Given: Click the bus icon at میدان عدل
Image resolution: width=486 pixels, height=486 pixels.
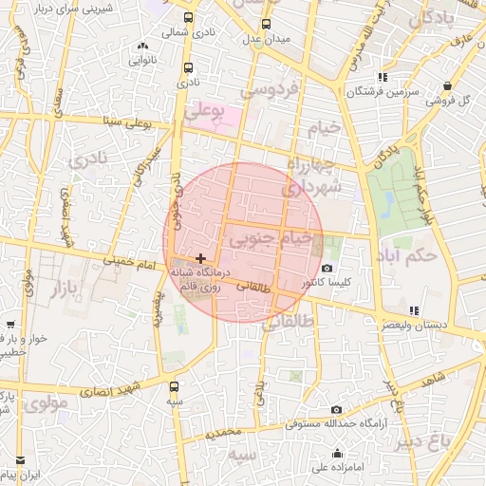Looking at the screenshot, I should coord(267,24).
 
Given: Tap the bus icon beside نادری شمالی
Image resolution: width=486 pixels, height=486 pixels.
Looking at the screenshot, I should coord(188,17).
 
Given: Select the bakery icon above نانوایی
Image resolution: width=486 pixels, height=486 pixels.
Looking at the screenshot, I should coord(143,46).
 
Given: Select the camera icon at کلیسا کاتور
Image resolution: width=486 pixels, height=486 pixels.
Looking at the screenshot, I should coord(327,269).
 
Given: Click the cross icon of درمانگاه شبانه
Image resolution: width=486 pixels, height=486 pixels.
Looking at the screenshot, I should coord(200,258).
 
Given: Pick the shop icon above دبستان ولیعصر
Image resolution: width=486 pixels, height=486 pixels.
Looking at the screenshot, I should coord(413,310).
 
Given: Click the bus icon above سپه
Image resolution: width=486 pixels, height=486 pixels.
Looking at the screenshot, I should coord(174,386).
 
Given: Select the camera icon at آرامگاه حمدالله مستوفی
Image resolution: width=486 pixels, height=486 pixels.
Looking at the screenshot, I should coord(336,409).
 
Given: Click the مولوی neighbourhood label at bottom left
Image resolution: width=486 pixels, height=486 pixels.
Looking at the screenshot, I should coord(47,403).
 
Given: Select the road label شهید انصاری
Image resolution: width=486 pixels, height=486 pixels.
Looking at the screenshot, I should coord(106,387).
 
